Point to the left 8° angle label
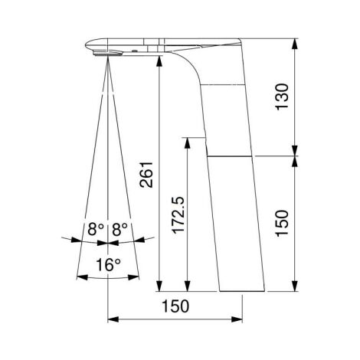[95, 228]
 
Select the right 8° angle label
[119, 228]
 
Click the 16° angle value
[108, 265]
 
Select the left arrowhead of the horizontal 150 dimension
[112, 316]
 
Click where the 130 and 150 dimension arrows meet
[295, 155]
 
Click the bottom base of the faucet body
[241, 290]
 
